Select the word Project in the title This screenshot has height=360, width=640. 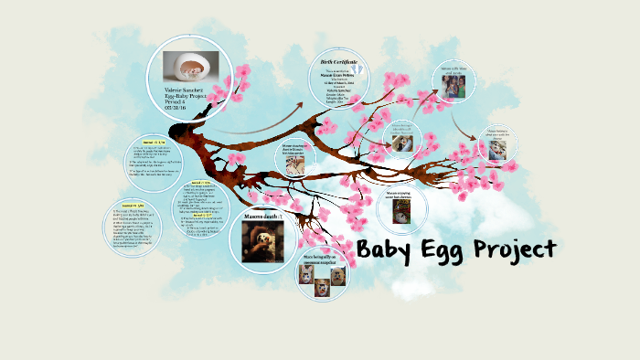(518, 250)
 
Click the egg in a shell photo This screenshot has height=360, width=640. (190, 66)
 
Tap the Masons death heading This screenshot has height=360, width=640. (262, 216)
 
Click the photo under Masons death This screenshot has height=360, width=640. (262, 239)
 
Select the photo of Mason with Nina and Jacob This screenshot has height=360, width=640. (454, 88)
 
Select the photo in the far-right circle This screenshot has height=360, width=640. (496, 150)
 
